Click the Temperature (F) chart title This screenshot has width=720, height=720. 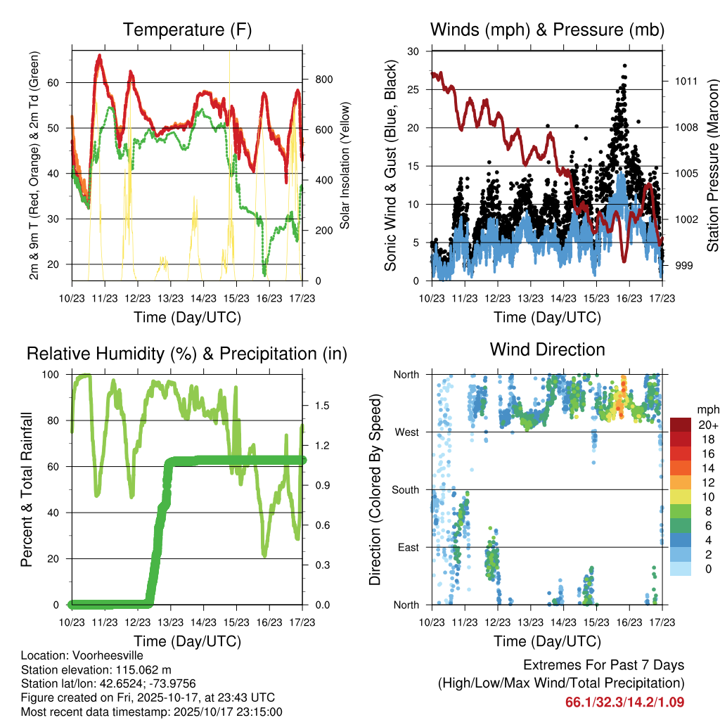pyautogui.click(x=187, y=30)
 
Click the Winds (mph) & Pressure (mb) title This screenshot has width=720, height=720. pyautogui.click(x=547, y=30)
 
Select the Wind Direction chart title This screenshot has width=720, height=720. pyautogui.click(x=547, y=349)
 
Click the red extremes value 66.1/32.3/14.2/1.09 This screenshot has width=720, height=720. pyautogui.click(x=624, y=702)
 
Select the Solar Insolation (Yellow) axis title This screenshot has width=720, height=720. pyautogui.click(x=345, y=165)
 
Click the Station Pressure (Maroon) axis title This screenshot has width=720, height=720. pyautogui.click(x=712, y=164)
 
